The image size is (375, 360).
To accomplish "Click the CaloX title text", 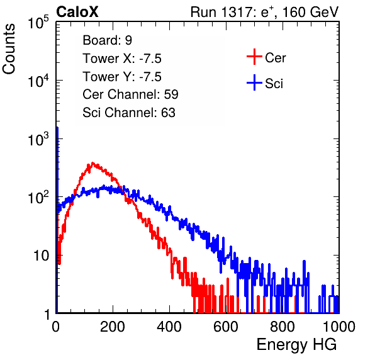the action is (77, 11).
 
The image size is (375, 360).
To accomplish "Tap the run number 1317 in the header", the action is (235, 12).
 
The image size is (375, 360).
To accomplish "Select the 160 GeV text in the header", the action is (311, 12).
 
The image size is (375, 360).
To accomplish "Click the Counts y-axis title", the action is (9, 49).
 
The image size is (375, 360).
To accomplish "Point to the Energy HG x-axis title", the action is (296, 345).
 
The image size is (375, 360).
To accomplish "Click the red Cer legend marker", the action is (254, 57).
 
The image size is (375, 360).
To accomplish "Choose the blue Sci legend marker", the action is (254, 83).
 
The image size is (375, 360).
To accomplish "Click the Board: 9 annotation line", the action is (107, 40).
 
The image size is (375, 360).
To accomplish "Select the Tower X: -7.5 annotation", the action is (122, 59).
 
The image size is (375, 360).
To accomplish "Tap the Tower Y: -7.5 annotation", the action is (122, 77).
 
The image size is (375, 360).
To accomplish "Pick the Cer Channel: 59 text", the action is (130, 94).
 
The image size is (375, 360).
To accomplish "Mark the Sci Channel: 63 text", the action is (129, 113).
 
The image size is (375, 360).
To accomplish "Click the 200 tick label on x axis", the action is (113, 327).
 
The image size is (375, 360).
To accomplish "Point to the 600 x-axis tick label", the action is (226, 327).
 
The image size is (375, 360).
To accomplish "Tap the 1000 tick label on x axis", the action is (339, 327).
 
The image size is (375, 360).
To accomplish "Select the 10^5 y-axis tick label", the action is (38, 23).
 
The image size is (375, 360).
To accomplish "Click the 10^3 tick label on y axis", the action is (38, 139).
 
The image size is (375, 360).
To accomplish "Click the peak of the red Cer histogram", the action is (92, 163).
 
